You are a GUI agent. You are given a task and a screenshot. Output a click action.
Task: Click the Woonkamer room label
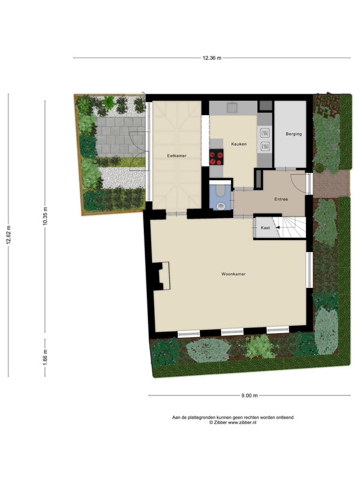pos(233,274)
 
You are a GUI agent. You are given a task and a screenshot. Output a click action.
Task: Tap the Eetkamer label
pos(176,155)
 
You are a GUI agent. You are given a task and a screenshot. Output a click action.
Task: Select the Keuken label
pos(239,144)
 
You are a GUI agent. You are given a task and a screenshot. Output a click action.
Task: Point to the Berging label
pos(293,134)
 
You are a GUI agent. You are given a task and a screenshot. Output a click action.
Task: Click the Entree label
pos(281,199)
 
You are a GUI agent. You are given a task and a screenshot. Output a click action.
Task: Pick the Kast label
pos(265,228)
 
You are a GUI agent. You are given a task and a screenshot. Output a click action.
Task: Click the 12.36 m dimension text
pos(212,58)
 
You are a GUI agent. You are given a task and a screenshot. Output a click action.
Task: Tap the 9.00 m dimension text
pos(250,395)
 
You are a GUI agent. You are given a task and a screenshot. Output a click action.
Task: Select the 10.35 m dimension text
pos(46,216)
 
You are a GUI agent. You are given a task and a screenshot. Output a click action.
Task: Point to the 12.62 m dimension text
pos(8,235)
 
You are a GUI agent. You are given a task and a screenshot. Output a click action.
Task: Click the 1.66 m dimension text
pos(46,357)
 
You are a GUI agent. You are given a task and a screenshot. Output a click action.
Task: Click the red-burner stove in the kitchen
pos(217,157)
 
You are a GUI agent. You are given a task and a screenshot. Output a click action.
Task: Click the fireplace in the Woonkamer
pos(162,276)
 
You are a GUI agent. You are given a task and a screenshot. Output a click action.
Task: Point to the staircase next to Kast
pos(293,227)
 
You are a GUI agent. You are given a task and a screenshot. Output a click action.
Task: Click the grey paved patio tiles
pos(121,136)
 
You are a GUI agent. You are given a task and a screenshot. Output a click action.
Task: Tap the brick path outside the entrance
pos(331,184)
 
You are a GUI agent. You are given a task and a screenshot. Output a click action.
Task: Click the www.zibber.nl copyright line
pos(233,422)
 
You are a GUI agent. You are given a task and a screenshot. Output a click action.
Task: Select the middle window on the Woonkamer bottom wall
pos(232,332)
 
